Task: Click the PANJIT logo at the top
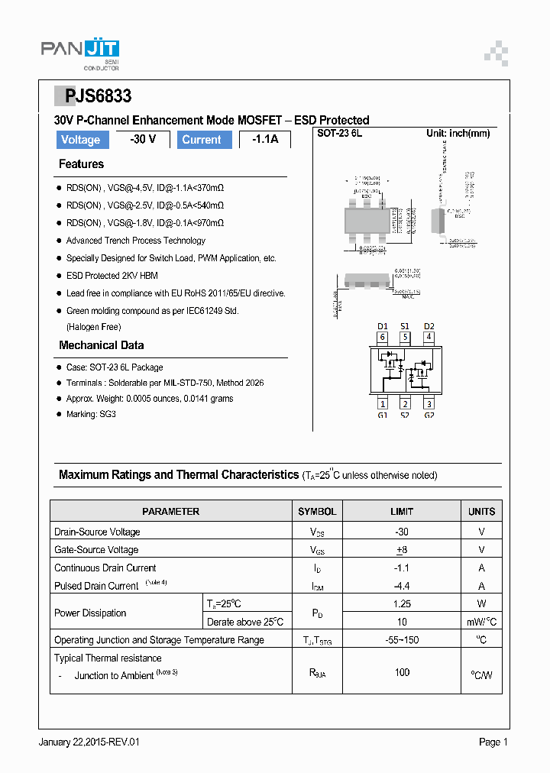point(79,51)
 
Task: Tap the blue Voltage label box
point(80,140)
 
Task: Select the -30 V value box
point(143,140)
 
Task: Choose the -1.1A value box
point(265,140)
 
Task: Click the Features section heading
point(81,164)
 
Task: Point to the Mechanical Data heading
point(101,345)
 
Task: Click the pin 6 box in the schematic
point(383,337)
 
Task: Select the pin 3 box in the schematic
point(429,404)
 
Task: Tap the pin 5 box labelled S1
point(406,337)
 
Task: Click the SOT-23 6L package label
point(339,134)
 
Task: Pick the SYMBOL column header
point(317,512)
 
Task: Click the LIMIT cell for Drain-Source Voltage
point(402,532)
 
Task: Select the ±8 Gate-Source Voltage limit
point(402,550)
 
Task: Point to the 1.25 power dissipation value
point(402,603)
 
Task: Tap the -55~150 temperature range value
point(402,640)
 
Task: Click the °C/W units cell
point(481,674)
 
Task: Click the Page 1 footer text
point(493,742)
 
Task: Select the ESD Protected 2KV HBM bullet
point(112,276)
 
